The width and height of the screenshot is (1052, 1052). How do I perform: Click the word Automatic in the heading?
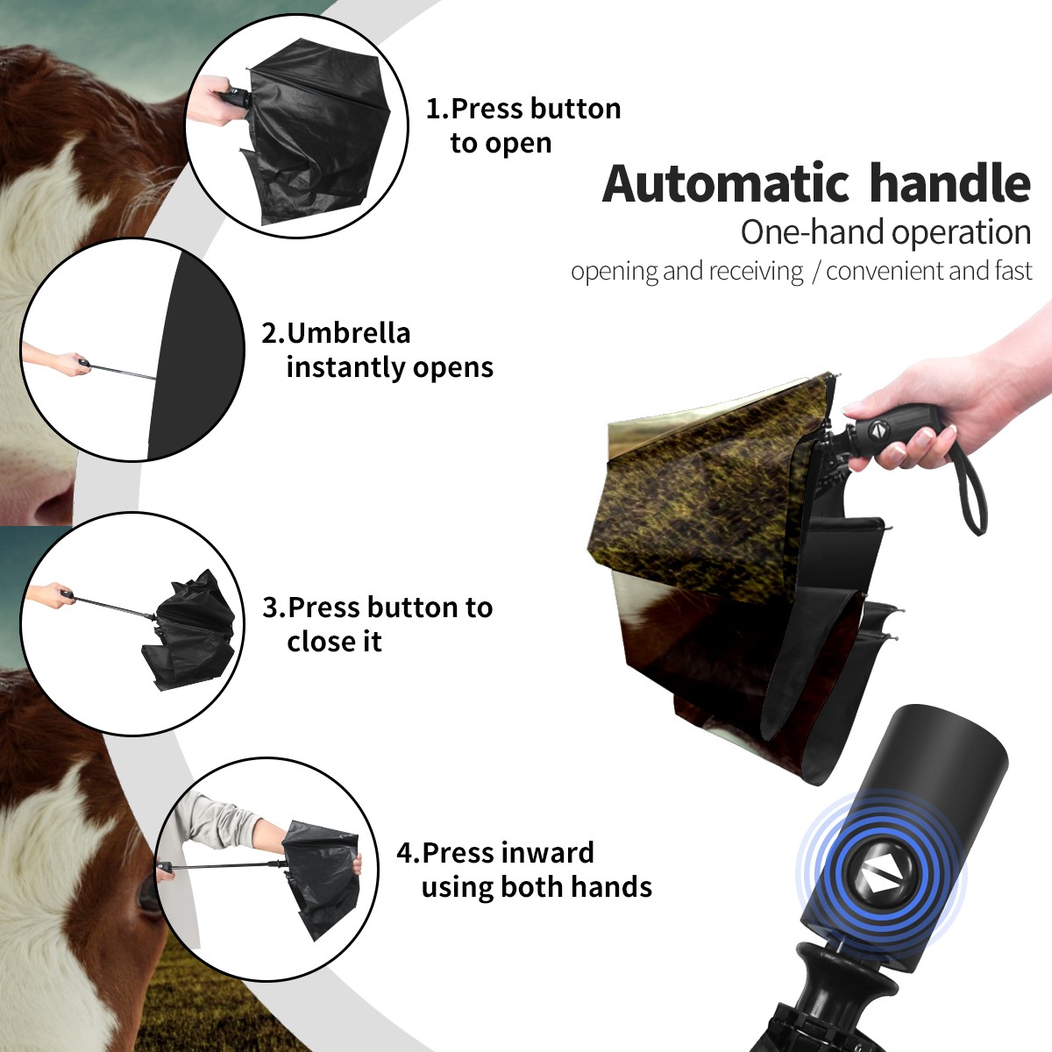726,183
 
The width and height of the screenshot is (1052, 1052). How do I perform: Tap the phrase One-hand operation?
885,232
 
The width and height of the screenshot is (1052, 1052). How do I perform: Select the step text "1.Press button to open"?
523,125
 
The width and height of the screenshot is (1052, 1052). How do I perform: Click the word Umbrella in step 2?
348,333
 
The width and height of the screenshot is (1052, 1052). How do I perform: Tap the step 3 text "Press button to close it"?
390,623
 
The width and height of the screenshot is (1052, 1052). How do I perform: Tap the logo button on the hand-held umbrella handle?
878,430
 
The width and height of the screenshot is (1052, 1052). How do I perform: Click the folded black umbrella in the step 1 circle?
316,134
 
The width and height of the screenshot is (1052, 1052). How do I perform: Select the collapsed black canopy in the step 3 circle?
188,630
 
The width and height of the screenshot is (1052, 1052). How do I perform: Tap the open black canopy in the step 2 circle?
196,354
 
